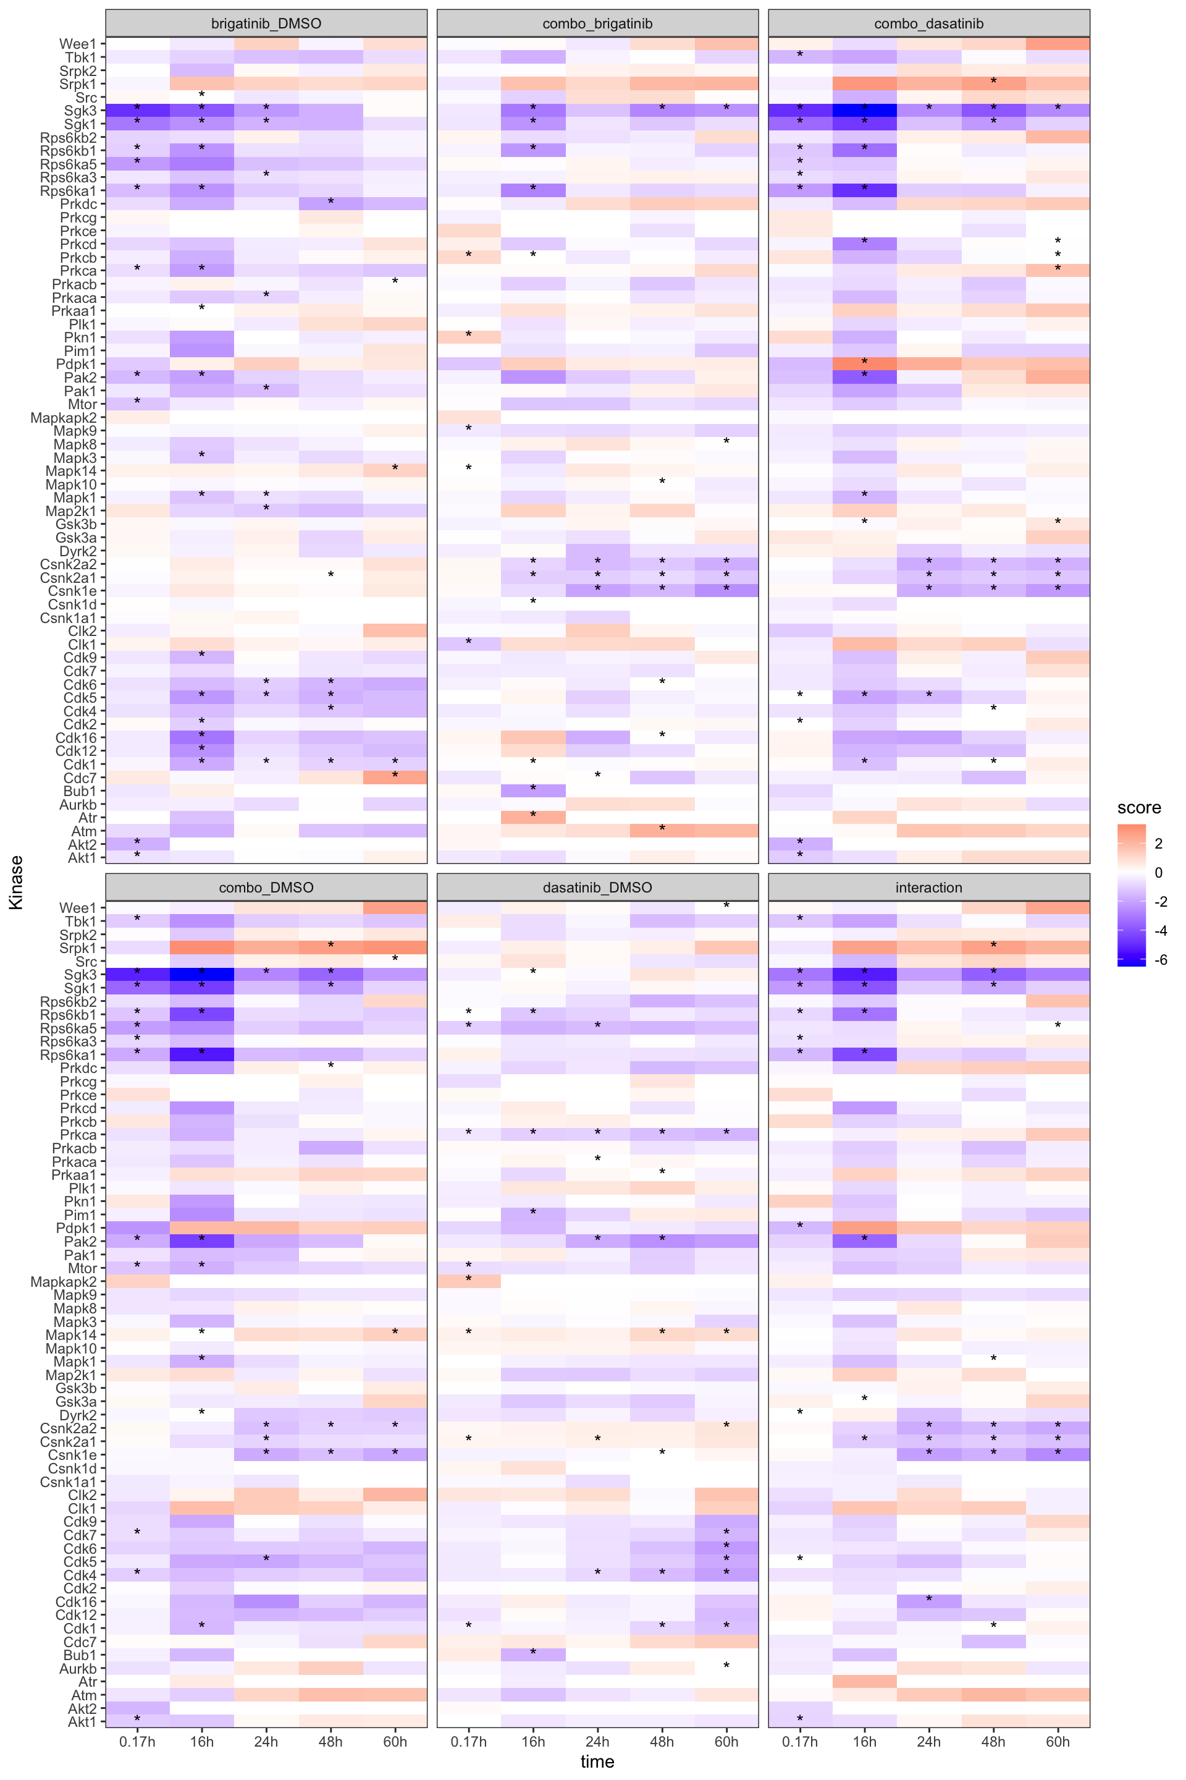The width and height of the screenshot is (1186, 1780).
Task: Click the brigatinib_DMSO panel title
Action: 266,23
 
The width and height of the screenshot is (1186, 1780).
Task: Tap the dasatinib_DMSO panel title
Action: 597,887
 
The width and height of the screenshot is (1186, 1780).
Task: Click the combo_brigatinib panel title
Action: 597,23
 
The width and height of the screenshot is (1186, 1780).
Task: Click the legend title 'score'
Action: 1138,808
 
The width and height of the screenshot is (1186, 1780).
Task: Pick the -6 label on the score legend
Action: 1161,960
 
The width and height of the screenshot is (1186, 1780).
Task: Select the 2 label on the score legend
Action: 1159,843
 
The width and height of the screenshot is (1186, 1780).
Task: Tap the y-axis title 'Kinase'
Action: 16,882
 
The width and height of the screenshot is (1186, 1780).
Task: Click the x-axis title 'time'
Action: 597,1761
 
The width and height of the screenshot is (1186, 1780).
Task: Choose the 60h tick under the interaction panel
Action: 1058,1742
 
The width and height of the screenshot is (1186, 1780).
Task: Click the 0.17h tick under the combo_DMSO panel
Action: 137,1742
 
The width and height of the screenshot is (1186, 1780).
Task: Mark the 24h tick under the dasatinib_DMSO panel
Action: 597,1742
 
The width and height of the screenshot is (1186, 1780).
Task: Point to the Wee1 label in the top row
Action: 78,44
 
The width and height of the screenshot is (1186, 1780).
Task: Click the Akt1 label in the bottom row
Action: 82,1722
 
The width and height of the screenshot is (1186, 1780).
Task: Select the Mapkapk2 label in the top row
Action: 64,418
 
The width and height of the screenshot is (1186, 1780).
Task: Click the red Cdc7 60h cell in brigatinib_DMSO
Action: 395,778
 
